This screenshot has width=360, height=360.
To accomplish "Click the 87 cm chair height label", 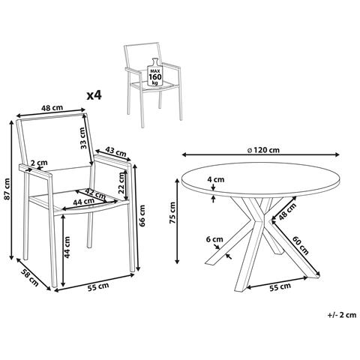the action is (7, 189).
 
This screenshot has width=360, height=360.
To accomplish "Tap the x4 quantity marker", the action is (94, 95).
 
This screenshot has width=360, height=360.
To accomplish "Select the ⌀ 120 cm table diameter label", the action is (263, 150).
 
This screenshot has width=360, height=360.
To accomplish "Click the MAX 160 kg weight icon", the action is (155, 72).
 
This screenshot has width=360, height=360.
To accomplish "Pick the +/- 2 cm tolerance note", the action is (342, 315).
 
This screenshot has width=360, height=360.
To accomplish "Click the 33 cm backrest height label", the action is (83, 138).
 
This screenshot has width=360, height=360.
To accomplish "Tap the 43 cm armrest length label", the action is (115, 151).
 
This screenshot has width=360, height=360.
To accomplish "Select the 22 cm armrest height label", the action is (121, 183).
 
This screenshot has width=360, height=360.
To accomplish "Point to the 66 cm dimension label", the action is (142, 215).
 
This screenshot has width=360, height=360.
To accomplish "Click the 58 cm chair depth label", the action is (29, 277).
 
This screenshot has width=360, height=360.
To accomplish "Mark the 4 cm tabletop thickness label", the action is (215, 179).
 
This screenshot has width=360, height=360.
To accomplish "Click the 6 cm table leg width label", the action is (214, 239).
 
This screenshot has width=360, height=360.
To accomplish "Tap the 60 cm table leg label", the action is (301, 245).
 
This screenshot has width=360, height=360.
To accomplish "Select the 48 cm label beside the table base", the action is (287, 211).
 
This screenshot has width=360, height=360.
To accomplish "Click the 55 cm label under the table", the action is (280, 286).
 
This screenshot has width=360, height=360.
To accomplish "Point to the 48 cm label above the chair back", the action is (52, 108).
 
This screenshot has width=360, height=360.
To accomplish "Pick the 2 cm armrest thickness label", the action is (39, 163).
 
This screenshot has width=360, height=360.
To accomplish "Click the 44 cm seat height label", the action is (67, 247).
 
